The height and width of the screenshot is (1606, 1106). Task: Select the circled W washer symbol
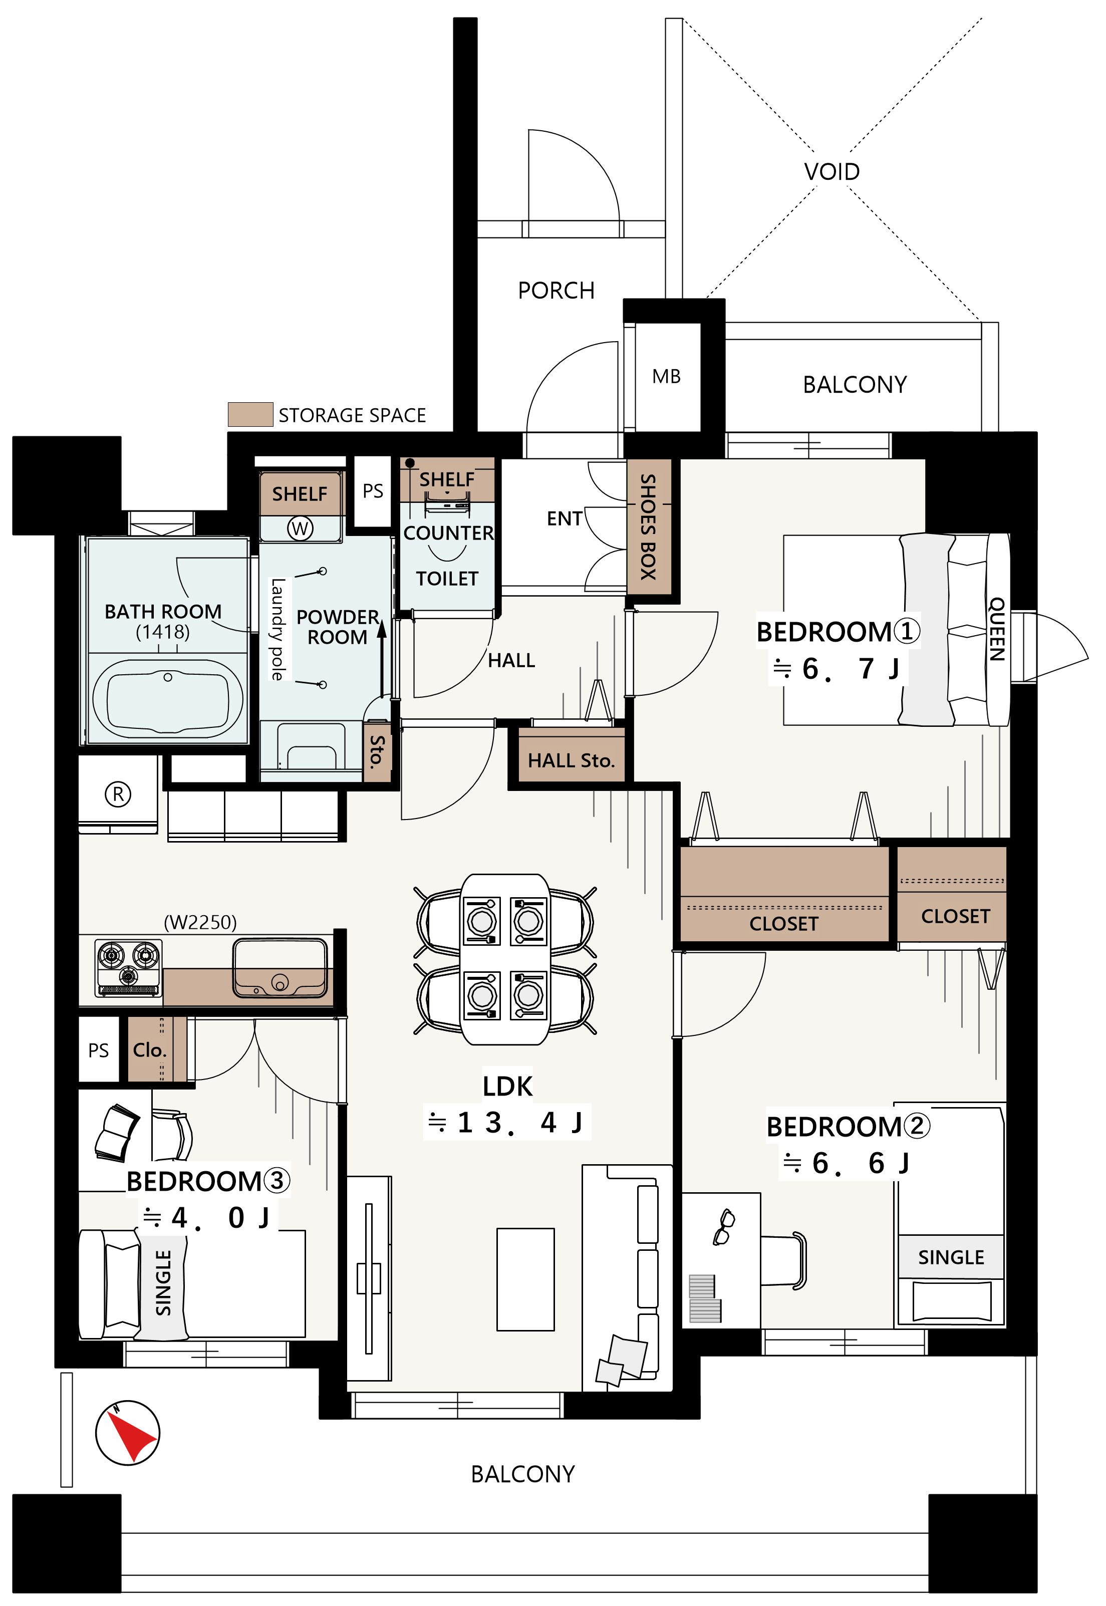(x=300, y=528)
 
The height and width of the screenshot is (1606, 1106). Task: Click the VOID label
(x=832, y=171)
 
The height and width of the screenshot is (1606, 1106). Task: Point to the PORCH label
(x=556, y=291)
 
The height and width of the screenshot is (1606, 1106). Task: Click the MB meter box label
(x=666, y=376)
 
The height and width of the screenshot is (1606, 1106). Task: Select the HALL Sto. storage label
(x=571, y=761)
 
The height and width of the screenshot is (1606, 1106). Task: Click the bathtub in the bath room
(x=168, y=698)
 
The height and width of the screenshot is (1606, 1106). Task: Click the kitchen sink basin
(x=280, y=968)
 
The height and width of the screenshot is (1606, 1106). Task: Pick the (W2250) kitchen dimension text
(x=200, y=922)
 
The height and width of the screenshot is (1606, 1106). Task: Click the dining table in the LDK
(x=505, y=959)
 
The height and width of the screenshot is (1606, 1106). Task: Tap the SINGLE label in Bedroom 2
(x=951, y=1257)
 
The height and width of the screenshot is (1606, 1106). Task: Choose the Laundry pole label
(x=278, y=629)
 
